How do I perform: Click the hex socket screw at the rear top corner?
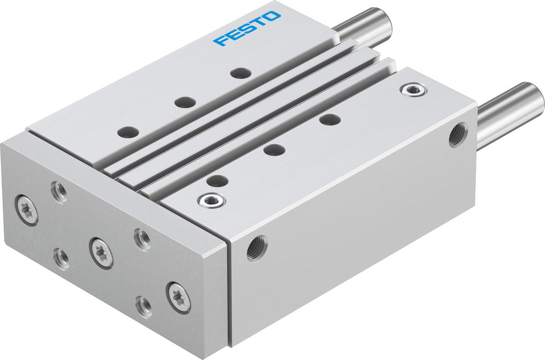coord(414,90)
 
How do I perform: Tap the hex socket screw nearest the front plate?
coord(212,200)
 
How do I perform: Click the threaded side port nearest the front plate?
coord(257,248)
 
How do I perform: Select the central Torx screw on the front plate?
coord(101,252)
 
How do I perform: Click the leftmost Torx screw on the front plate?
coord(27,209)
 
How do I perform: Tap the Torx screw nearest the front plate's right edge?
coord(179,298)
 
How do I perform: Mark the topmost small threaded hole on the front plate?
coord(59,192)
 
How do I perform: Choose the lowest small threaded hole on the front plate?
coord(143,307)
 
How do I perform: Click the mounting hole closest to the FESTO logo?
coord(240,73)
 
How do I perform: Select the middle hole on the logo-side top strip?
coord(184,102)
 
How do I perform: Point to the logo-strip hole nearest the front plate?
coord(127,132)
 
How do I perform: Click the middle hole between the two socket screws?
coord(274,150)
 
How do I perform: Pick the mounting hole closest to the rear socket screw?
coord(330,120)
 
